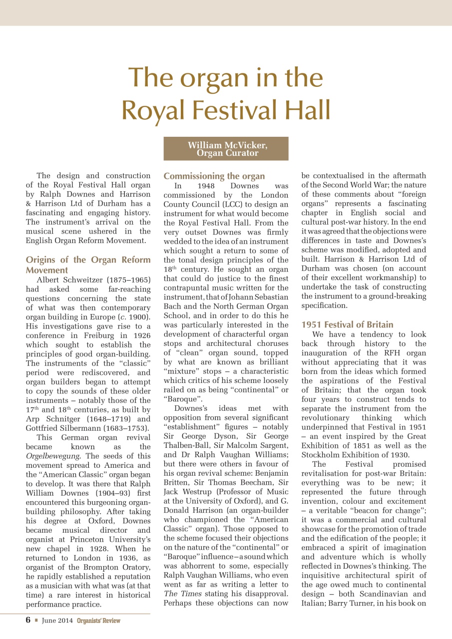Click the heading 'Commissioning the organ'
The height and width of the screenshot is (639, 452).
pos(214,176)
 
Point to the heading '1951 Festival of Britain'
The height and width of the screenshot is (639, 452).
pos(347,324)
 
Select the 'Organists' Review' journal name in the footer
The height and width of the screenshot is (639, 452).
pos(98,621)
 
